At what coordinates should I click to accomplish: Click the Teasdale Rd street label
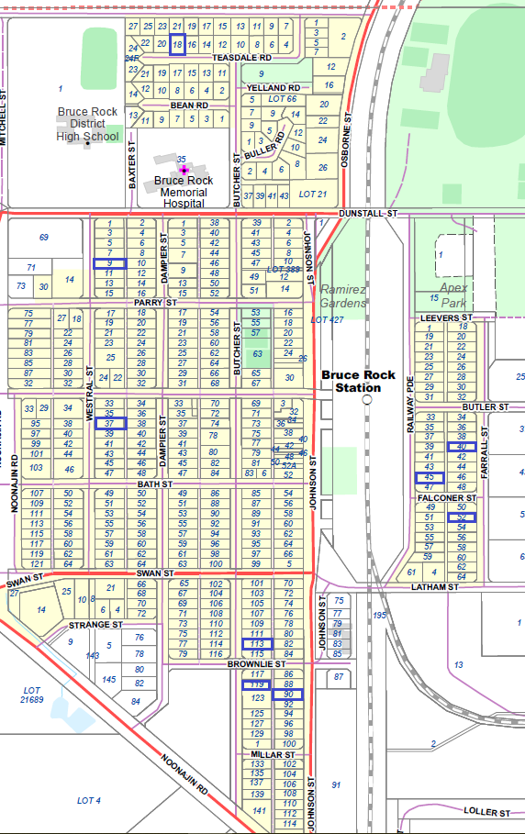point(236,57)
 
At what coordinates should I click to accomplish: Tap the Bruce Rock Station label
point(358,381)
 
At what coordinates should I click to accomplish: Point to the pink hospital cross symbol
point(184,170)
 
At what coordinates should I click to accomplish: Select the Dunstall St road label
point(379,213)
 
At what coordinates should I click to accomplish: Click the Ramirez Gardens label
point(342,295)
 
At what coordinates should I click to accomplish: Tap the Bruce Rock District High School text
point(87,125)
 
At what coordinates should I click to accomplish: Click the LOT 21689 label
point(33,694)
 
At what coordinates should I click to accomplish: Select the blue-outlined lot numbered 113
point(257,643)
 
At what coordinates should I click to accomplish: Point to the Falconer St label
point(445,497)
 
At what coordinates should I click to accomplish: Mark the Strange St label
point(95,624)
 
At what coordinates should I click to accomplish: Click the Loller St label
point(486,812)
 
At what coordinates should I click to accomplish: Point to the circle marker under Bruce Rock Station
point(366,400)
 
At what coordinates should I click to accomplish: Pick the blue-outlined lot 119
point(257,684)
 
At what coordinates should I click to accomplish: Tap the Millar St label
point(271,754)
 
